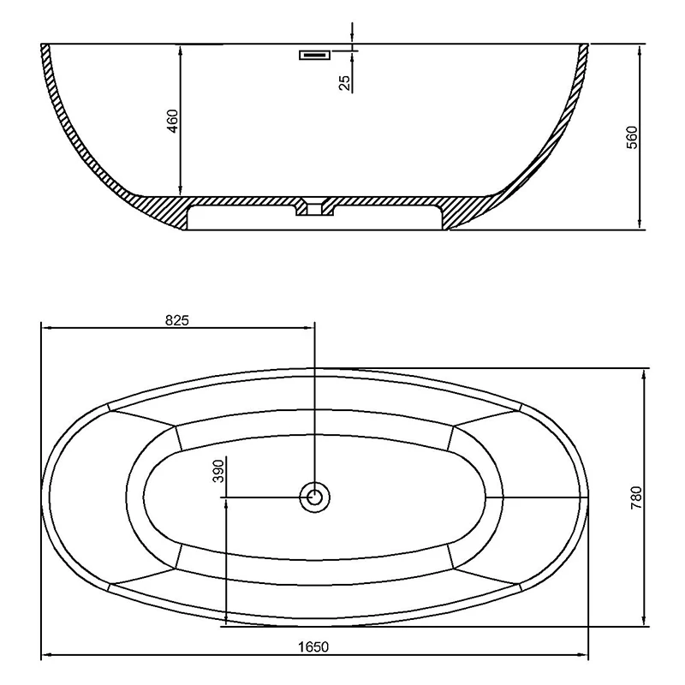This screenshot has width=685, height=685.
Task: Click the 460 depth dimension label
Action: tap(172, 121)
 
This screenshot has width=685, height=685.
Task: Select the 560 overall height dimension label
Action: tap(633, 137)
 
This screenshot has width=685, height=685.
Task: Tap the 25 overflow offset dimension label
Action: tap(344, 82)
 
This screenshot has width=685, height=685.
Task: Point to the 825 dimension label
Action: tap(176, 320)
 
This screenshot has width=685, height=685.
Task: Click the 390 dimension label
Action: tap(217, 472)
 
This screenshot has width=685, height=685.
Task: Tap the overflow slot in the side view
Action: tap(314, 56)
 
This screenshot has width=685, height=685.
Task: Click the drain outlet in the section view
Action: tap(315, 208)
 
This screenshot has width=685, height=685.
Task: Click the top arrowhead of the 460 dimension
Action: tap(181, 49)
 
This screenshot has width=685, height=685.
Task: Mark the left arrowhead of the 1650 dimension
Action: tap(47, 656)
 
